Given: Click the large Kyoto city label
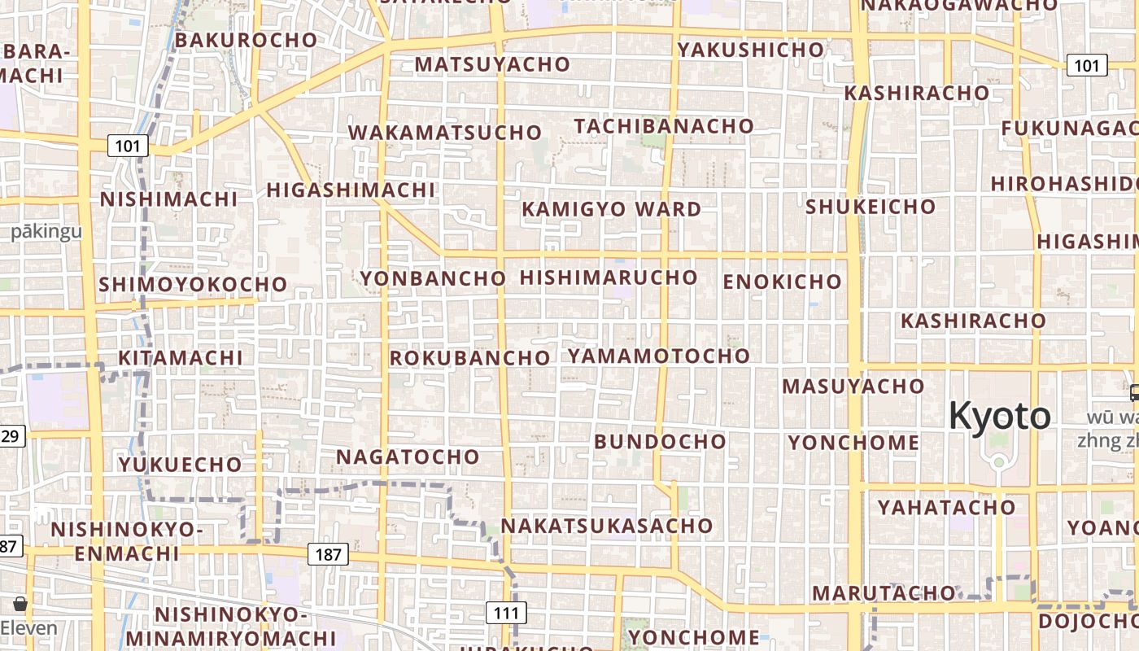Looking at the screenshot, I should click(999, 416).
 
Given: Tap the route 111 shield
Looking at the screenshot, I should click(506, 613).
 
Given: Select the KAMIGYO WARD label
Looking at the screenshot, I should click(611, 209).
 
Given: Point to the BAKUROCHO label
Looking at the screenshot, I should click(246, 40).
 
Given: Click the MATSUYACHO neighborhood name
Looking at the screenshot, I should click(492, 64).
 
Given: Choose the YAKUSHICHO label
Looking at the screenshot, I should click(751, 50).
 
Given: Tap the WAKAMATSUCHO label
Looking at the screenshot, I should click(444, 133).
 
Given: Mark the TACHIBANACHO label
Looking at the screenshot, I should click(664, 126).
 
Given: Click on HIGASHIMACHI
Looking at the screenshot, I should click(351, 190).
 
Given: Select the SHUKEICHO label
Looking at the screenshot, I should click(871, 207).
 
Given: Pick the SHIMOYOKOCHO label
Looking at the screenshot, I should click(193, 285).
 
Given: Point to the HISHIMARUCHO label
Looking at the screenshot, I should click(609, 277).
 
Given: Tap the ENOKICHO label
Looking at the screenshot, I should click(782, 282).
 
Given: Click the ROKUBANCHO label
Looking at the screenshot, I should click(469, 358).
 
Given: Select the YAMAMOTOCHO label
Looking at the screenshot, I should click(658, 356).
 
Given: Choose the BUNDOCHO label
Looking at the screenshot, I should click(660, 442).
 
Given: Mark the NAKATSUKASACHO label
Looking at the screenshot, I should click(606, 526).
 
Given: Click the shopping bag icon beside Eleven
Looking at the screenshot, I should click(20, 604).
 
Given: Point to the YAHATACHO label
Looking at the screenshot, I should click(946, 508).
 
